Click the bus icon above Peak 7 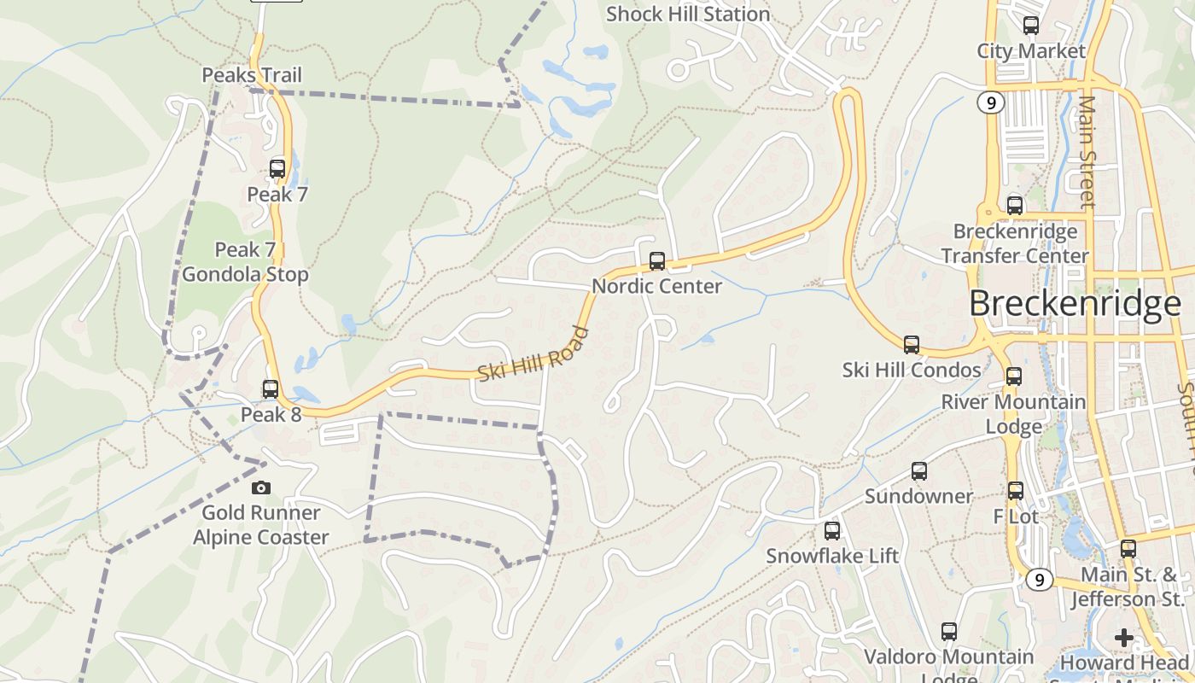[277, 169]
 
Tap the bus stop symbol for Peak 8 [271, 389]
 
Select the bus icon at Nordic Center [657, 261]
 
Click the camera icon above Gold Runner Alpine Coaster [261, 487]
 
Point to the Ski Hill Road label [534, 354]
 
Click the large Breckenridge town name [1075, 304]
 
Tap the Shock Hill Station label [688, 15]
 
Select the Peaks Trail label [252, 75]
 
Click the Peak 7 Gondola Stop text [245, 262]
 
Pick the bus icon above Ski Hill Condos [912, 345]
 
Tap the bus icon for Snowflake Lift [832, 531]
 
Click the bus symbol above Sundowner [919, 471]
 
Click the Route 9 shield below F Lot [1038, 580]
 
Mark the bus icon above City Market [1031, 26]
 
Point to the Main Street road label [1087, 152]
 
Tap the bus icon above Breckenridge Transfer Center [1015, 206]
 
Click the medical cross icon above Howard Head [1124, 638]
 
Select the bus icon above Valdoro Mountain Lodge [949, 632]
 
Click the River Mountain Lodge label [1014, 413]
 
